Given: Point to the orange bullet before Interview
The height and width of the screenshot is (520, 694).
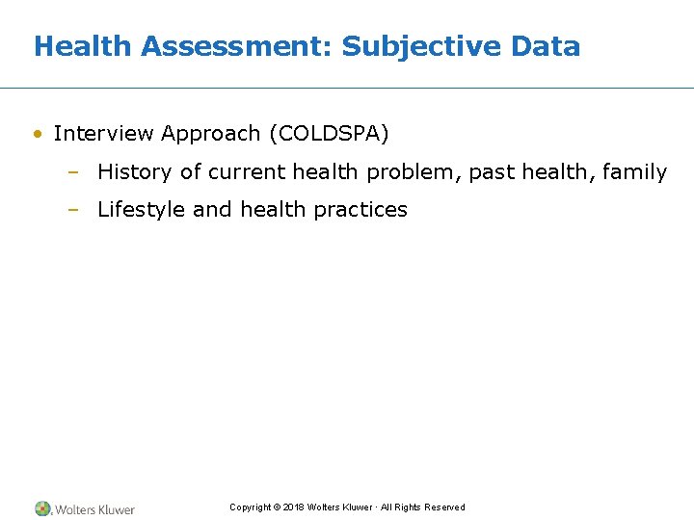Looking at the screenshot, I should point(37,134).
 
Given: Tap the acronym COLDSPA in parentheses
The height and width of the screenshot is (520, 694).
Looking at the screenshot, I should point(329,134).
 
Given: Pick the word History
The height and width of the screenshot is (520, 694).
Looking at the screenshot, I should point(135,172).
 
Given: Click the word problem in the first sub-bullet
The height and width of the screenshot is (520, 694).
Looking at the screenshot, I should point(420,172).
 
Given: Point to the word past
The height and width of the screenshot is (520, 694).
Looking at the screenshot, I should point(491,172).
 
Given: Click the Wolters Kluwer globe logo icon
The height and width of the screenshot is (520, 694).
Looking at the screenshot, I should point(43,508).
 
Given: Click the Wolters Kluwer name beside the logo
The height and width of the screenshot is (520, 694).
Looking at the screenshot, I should point(94,509).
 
